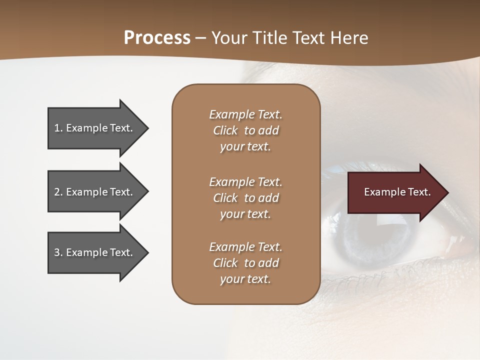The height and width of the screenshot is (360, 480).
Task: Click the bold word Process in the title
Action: point(157,38)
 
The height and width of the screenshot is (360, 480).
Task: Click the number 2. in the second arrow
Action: point(58,192)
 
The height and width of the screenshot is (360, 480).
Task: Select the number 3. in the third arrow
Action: point(58,252)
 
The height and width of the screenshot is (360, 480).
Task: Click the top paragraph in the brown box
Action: point(245,130)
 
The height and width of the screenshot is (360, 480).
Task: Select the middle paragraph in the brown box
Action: point(245,198)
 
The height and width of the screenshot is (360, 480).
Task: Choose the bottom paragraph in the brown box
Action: point(245,263)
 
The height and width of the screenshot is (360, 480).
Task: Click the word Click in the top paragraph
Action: point(225,130)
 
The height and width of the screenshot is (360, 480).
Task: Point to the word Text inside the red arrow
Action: point(419,192)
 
